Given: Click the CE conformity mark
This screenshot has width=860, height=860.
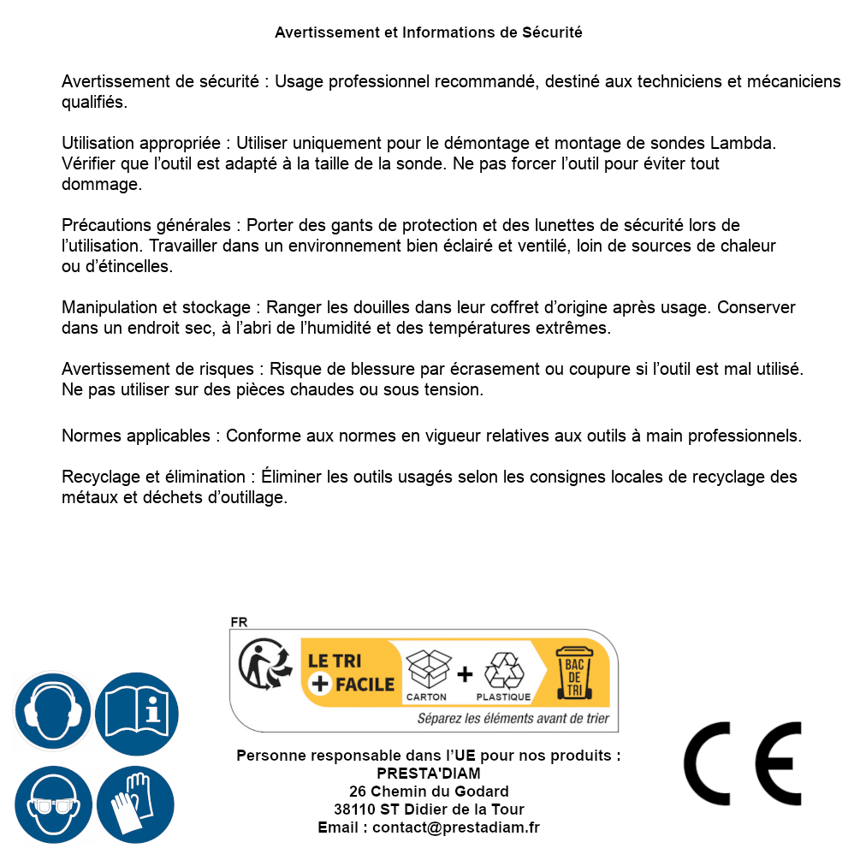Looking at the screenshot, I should coord(742,764).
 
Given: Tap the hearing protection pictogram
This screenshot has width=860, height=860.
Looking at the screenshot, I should coord(52,711).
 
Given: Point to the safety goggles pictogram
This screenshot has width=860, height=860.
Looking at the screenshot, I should coord(52,804).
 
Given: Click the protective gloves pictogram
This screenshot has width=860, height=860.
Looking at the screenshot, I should coord(136,804).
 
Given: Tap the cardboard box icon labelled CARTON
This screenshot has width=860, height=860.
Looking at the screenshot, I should coord(427,671).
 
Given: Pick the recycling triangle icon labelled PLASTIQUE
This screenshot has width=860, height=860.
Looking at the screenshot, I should coord(503,671).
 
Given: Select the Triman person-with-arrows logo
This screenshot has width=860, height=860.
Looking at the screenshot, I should coord(262,667).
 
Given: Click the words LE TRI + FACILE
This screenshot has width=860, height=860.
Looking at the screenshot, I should coord(351,673).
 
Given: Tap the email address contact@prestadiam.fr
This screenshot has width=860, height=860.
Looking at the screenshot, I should coord(456,827).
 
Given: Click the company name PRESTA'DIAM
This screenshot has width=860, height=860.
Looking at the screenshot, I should coord(429,774).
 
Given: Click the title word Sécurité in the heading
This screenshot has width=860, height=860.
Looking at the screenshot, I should coord(552,33).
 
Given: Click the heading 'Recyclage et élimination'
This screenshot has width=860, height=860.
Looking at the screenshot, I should coord(155,477).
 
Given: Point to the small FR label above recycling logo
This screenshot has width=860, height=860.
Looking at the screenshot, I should coord(239,623).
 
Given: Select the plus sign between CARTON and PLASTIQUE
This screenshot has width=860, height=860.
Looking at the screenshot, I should coord(465,674).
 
